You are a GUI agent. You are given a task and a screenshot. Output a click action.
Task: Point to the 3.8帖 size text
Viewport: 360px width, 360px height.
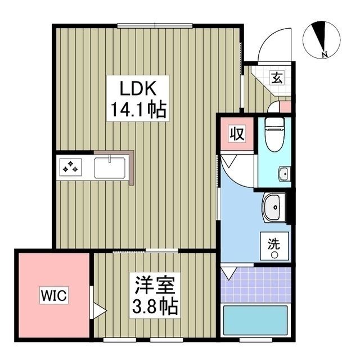pos(155,307)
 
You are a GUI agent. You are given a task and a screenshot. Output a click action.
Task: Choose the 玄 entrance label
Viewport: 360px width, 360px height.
pos(277,78)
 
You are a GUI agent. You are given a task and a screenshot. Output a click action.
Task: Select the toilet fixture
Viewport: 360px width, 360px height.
pos(274,136)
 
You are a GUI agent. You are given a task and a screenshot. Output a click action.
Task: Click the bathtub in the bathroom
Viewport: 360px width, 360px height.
pos(256,321)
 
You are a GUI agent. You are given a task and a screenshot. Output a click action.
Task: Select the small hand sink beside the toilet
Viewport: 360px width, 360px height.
pos(284,174)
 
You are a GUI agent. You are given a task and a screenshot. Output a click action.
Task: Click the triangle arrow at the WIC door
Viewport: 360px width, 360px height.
pos(99,309)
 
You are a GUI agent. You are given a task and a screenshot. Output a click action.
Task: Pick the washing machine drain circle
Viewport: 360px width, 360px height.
pos(274,255)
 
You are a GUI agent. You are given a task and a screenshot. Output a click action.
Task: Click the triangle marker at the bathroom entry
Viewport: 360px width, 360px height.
pos(227,273)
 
